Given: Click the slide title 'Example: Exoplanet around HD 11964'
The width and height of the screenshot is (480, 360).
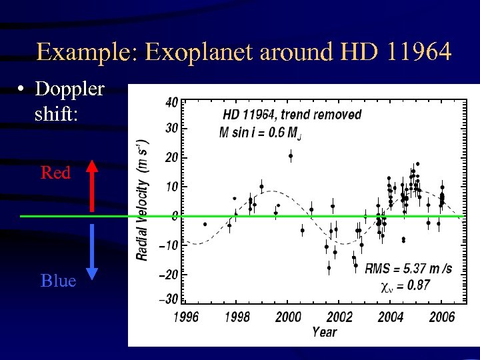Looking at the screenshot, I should (244, 51).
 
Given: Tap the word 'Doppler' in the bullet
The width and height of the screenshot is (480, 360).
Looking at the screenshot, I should (69, 89).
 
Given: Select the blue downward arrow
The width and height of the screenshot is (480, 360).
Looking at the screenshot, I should (92, 251).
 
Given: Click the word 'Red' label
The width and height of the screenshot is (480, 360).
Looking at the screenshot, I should (55, 173).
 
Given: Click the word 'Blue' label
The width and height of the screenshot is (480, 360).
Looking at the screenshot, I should (58, 281).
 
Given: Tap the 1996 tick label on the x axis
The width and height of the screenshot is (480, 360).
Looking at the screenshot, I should (186, 317).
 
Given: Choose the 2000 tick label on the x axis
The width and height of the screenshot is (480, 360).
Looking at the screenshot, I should (288, 317).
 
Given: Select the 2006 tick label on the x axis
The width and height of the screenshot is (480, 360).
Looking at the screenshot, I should (441, 317).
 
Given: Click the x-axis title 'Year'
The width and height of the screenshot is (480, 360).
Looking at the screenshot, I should (325, 331).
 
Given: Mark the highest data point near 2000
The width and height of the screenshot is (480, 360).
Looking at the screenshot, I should (291, 156).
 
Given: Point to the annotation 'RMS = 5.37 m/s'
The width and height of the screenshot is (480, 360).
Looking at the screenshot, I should (408, 269).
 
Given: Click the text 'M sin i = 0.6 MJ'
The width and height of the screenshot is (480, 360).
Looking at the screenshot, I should (260, 132).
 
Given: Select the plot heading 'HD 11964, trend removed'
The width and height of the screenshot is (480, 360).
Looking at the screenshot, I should (291, 114).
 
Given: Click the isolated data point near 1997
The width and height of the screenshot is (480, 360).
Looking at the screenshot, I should (205, 224).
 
